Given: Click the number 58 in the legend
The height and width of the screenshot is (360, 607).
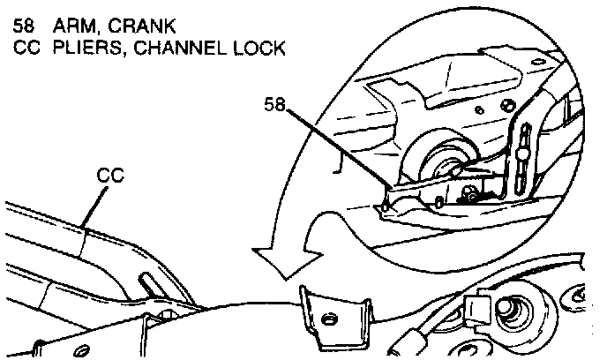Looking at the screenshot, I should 26,24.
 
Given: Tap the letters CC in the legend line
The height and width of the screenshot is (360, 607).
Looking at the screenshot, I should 26,48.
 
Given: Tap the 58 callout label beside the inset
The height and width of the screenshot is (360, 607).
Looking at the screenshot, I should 276,105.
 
